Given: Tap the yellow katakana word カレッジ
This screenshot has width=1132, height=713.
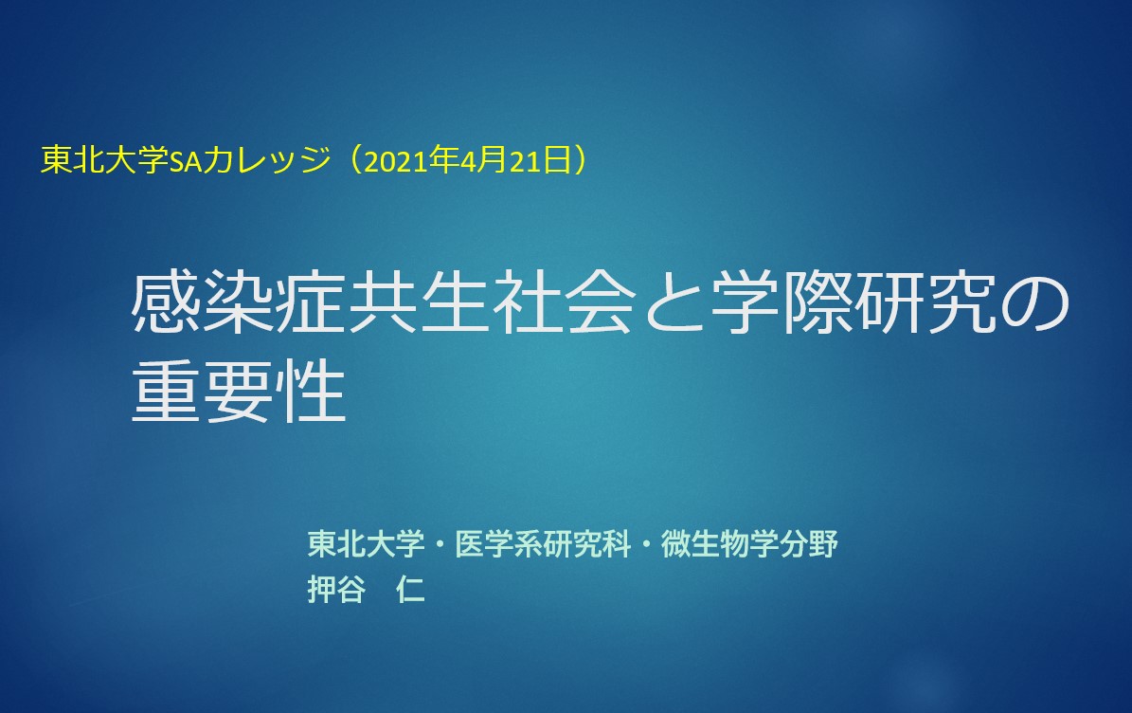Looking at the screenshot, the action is [266, 160].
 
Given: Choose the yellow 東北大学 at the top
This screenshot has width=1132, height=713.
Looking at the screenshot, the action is [105, 160].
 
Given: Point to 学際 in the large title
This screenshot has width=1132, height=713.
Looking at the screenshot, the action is [782, 303].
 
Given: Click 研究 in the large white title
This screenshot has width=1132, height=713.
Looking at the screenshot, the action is [927, 303].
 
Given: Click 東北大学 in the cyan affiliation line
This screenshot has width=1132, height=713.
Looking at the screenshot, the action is [366, 544].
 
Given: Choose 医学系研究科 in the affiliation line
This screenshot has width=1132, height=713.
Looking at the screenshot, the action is [543, 544].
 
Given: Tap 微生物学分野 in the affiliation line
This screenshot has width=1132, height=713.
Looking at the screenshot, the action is [749, 544].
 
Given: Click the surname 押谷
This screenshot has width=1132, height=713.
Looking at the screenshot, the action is [336, 590].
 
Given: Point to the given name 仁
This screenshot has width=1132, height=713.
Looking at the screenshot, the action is [410, 590].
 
